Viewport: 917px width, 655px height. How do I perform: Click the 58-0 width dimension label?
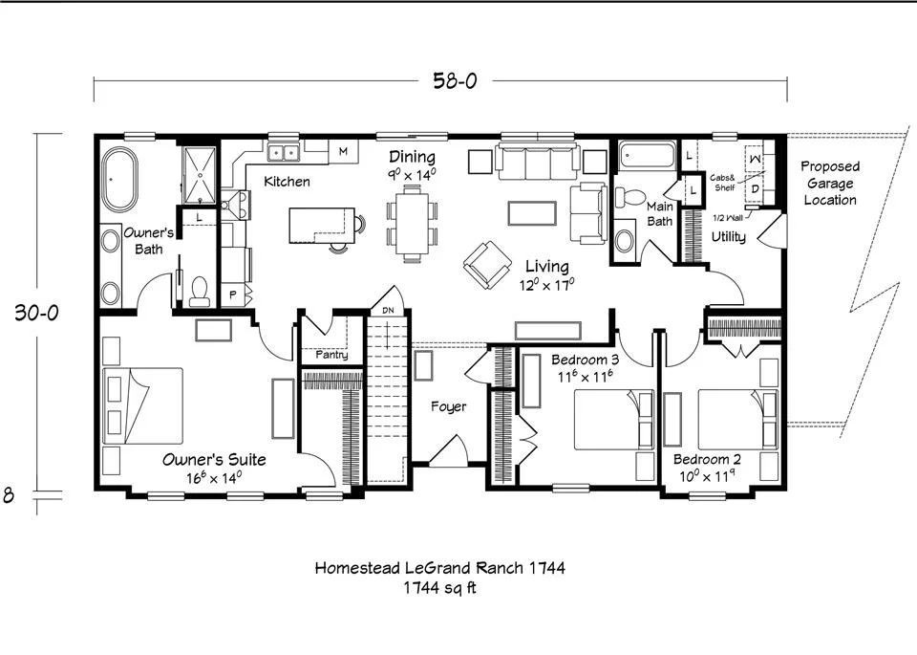455,80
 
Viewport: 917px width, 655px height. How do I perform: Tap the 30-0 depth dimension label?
37,313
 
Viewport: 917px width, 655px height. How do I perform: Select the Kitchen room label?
287,182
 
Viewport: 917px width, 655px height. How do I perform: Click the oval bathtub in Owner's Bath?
119,179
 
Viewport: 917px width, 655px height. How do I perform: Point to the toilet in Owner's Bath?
200,292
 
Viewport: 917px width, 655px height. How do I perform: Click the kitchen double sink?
283,153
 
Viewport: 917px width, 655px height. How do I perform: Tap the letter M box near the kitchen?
343,152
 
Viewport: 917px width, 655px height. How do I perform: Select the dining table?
412,223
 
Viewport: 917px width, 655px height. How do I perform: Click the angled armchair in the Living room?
487,266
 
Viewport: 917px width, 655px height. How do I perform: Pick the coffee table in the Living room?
532,213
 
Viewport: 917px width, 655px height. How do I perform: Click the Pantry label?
331,355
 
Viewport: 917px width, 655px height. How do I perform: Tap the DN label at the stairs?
388,311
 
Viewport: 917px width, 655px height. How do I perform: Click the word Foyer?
449,406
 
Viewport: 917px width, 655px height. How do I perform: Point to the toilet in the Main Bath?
629,197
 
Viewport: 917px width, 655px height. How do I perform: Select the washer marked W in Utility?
756,159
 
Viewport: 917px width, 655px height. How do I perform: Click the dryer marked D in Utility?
755,189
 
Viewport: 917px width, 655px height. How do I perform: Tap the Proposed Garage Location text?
830,184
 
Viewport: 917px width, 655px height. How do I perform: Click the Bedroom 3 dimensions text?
585,377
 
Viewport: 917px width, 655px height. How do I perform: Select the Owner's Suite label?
214,460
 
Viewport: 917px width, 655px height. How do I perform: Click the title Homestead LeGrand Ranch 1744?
439,567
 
